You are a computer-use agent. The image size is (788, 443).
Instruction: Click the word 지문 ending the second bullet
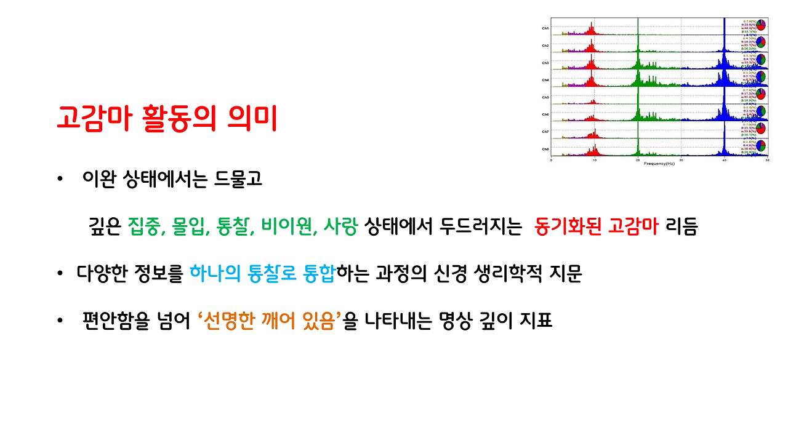(565, 274)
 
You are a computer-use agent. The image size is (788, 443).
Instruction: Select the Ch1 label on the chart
(545, 28)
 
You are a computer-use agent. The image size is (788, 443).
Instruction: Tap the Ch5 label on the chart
(545, 97)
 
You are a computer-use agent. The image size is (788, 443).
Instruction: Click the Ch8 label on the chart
(545, 149)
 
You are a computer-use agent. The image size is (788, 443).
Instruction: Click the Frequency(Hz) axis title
(659, 164)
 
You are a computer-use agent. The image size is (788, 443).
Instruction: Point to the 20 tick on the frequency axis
(638, 160)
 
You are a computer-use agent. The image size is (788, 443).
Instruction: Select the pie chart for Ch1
(761, 25)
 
